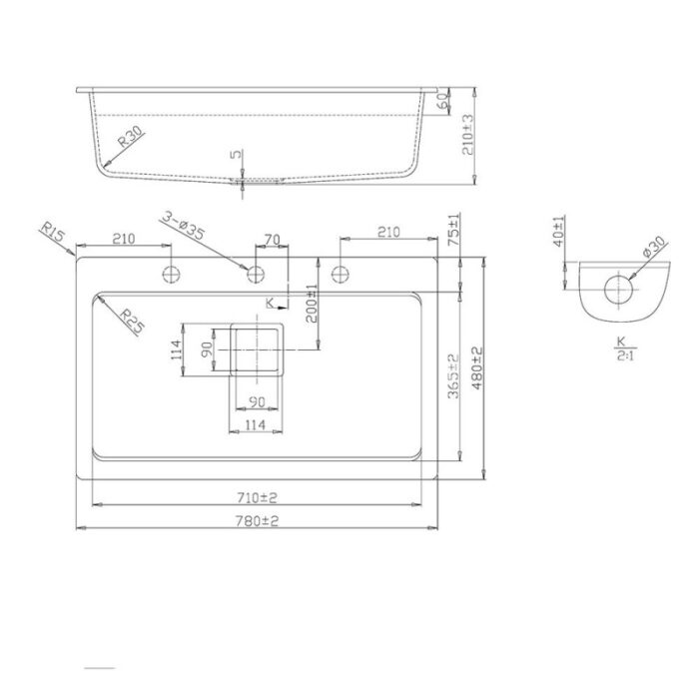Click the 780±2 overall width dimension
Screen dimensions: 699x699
point(257,520)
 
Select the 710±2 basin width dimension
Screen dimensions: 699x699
point(257,497)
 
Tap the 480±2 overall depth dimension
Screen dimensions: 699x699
point(477,368)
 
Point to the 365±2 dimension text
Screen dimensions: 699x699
point(453,375)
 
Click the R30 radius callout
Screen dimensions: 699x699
point(130,137)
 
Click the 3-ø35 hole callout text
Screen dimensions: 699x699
point(183,226)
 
